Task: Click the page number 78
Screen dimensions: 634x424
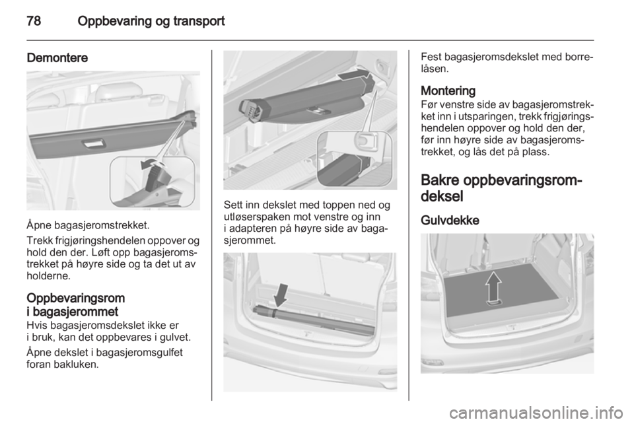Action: tap(34, 20)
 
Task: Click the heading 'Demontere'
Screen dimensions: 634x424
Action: tap(57, 58)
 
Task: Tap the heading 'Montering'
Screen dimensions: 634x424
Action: tap(448, 90)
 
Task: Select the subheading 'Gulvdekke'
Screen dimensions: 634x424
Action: tap(450, 221)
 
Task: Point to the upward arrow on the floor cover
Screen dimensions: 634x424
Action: tap(493, 287)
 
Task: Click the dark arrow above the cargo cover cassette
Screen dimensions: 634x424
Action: tap(354, 75)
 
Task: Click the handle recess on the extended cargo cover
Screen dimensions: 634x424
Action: tap(93, 144)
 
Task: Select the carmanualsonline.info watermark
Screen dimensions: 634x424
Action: tap(540, 413)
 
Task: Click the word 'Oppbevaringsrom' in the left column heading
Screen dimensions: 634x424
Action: tap(75, 299)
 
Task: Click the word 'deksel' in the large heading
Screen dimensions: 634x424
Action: tap(442, 196)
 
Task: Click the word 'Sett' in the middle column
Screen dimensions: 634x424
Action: tap(232, 205)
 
